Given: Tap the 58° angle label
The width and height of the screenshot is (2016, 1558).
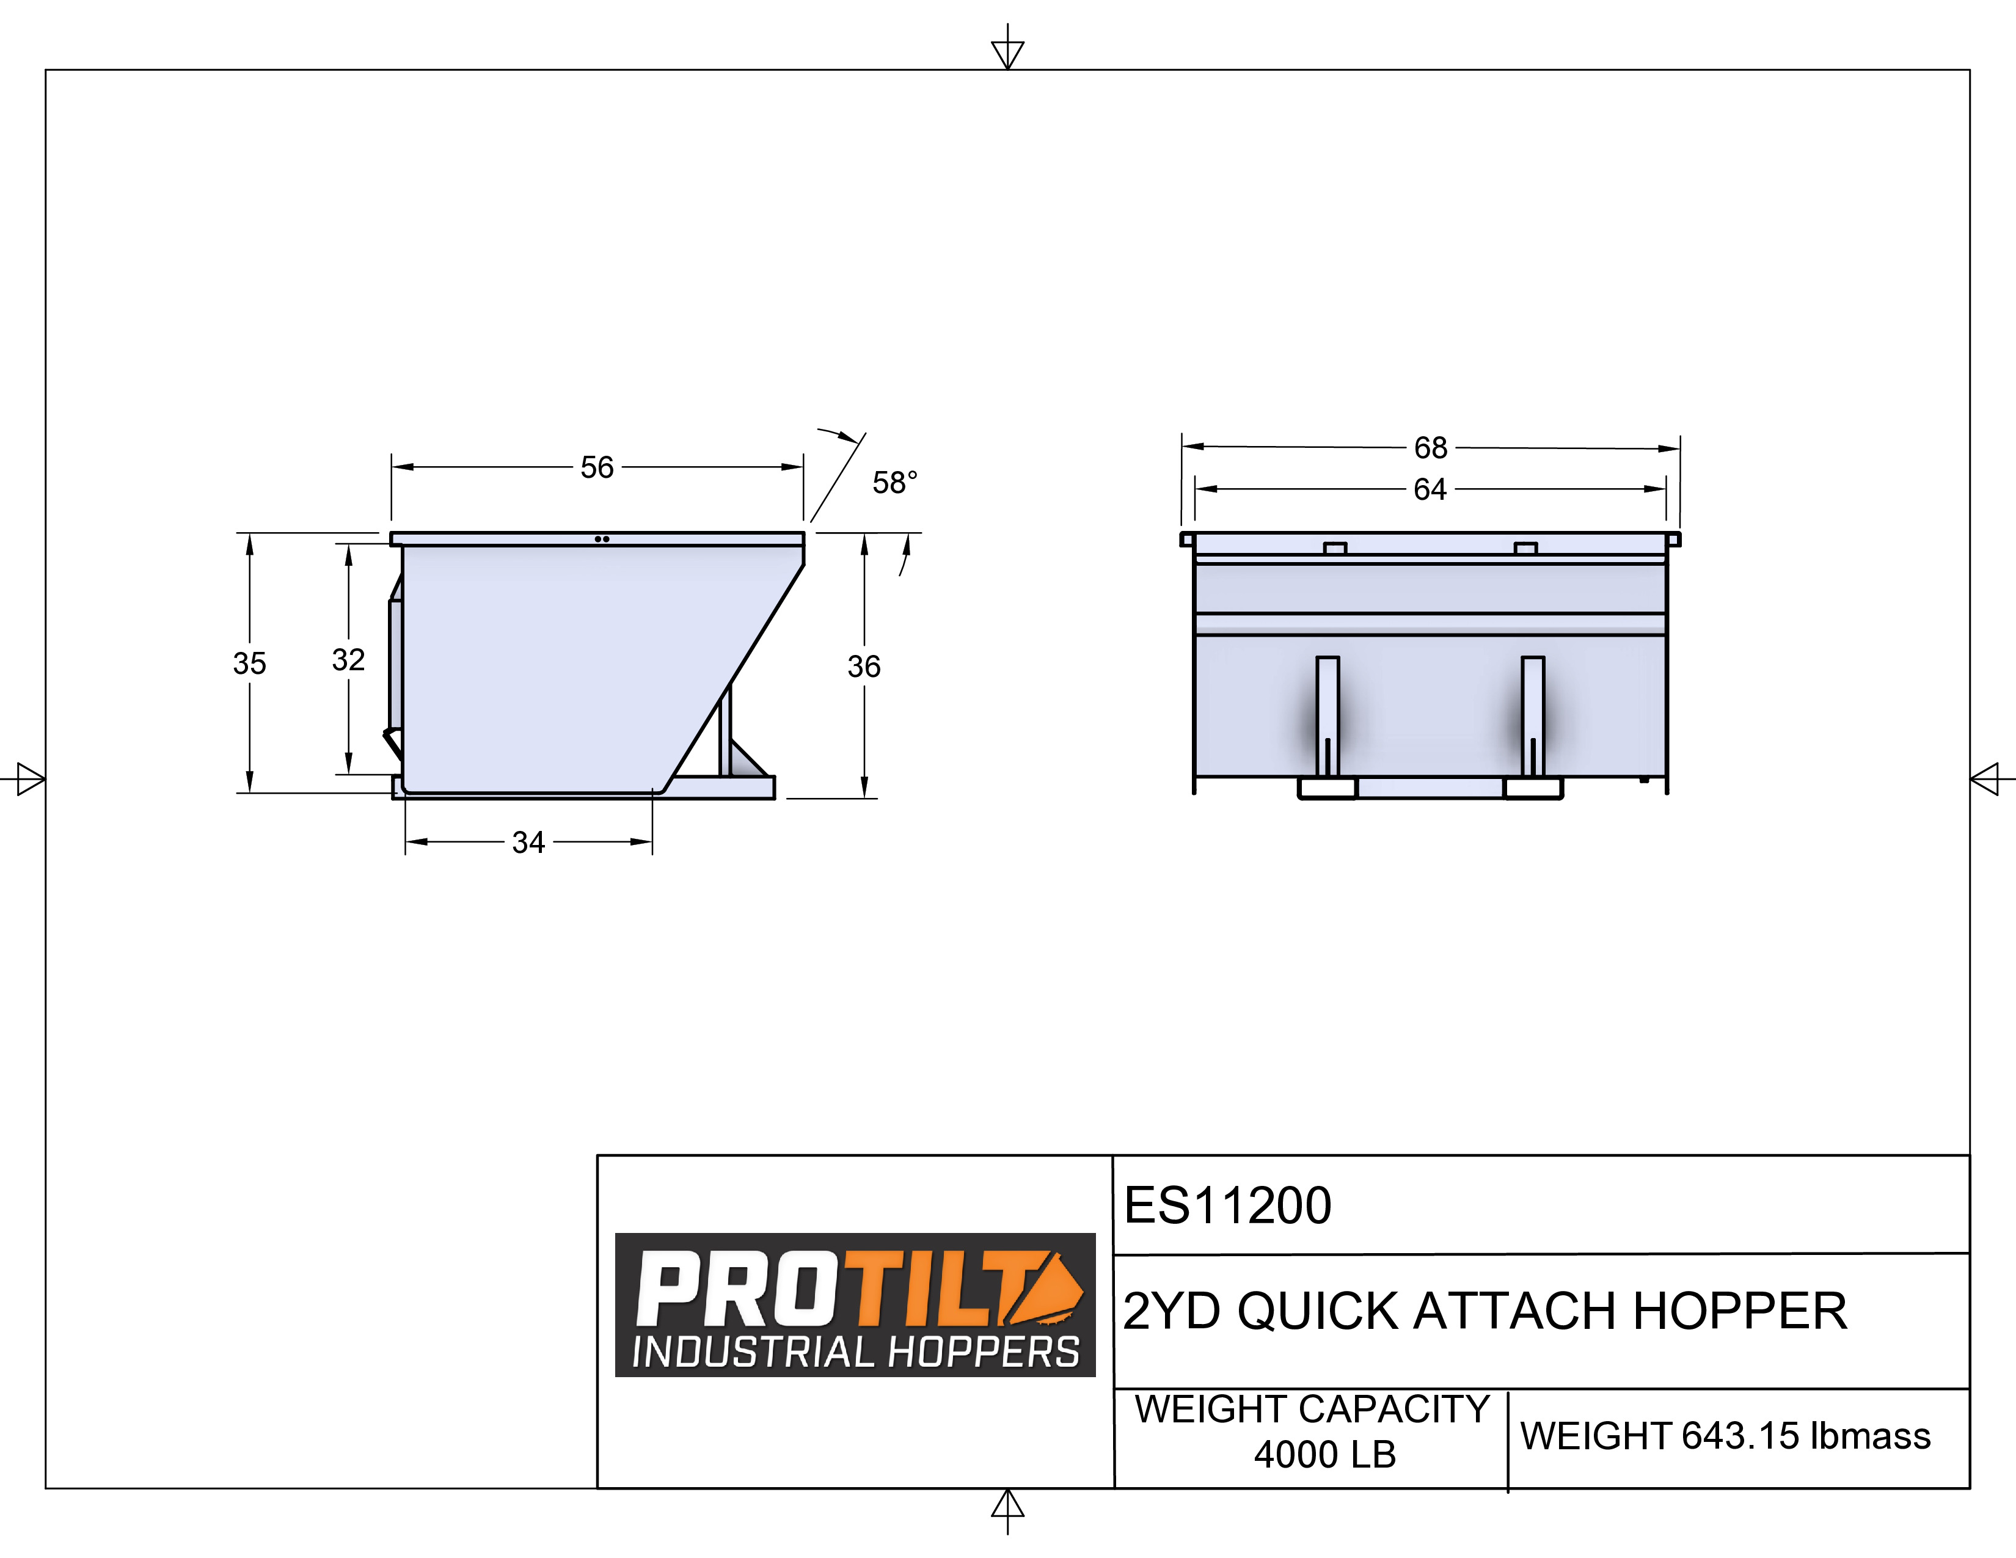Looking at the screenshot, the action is point(894,482).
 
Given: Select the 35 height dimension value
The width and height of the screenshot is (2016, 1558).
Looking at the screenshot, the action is point(249,663).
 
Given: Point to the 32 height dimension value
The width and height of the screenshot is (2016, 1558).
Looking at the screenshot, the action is point(348,659).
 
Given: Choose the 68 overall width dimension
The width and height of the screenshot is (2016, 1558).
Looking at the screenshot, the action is point(1431,448).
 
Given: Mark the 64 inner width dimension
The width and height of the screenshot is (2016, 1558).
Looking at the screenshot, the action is point(1430,489).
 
